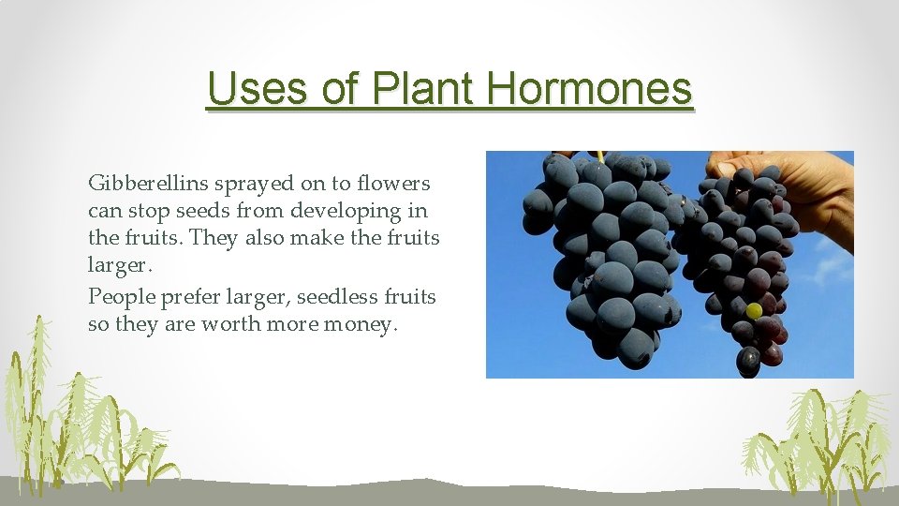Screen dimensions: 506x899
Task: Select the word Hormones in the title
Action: [x=590, y=89]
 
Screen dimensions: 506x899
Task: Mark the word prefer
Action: [x=189, y=297]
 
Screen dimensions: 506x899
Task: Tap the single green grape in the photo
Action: [x=753, y=310]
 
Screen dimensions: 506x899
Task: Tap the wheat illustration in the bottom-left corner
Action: [x=75, y=422]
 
